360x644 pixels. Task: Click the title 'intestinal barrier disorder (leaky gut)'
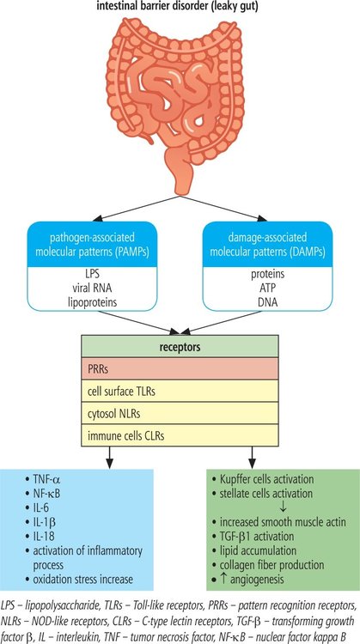pos(180,8)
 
